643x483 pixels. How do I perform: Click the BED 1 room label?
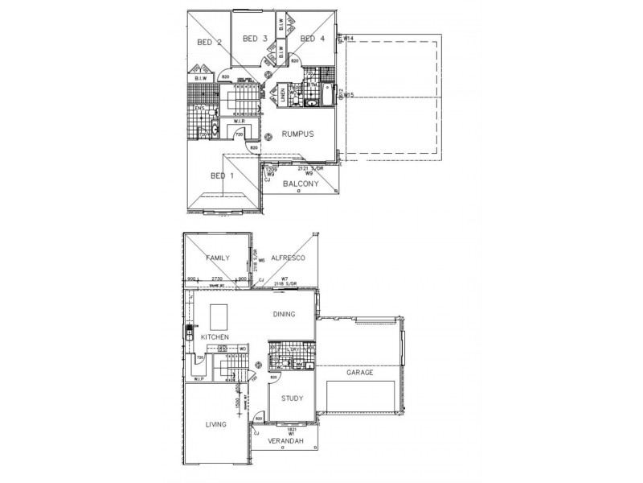pos(222,176)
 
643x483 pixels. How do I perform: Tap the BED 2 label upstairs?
pos(210,43)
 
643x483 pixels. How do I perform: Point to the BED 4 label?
pos(313,39)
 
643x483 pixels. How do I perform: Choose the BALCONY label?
pos(301,184)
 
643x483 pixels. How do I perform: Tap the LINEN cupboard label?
pos(282,96)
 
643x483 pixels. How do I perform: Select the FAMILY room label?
pos(217,258)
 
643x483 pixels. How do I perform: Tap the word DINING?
pos(284,315)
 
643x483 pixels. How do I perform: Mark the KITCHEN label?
pos(215,336)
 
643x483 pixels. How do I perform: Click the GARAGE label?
pos(360,373)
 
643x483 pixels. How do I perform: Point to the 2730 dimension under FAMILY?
pos(216,279)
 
